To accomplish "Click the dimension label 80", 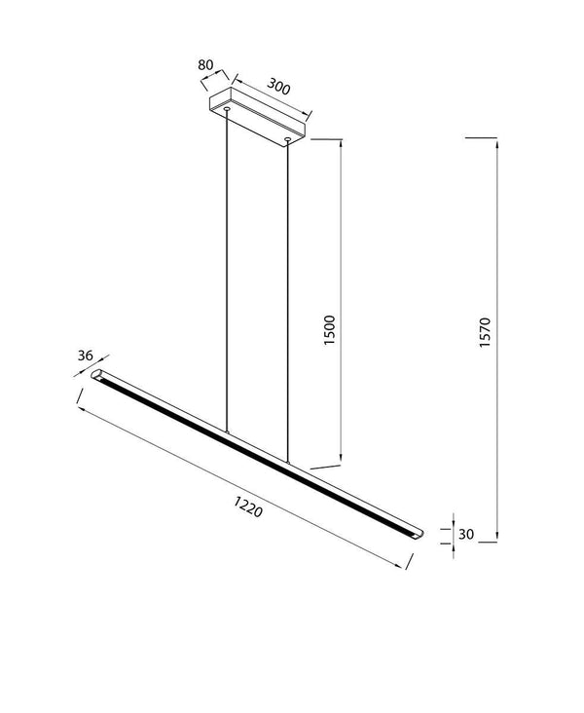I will pos(204,65).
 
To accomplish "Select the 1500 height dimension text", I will pos(329,331).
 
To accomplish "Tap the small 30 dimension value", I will pos(465,534).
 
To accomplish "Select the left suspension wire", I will pos(227,273).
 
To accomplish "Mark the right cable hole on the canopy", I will pos(288,140).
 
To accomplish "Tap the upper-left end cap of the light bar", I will pos(97,374).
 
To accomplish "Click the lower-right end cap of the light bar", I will pos(416,533).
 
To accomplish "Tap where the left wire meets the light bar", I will pos(227,432).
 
